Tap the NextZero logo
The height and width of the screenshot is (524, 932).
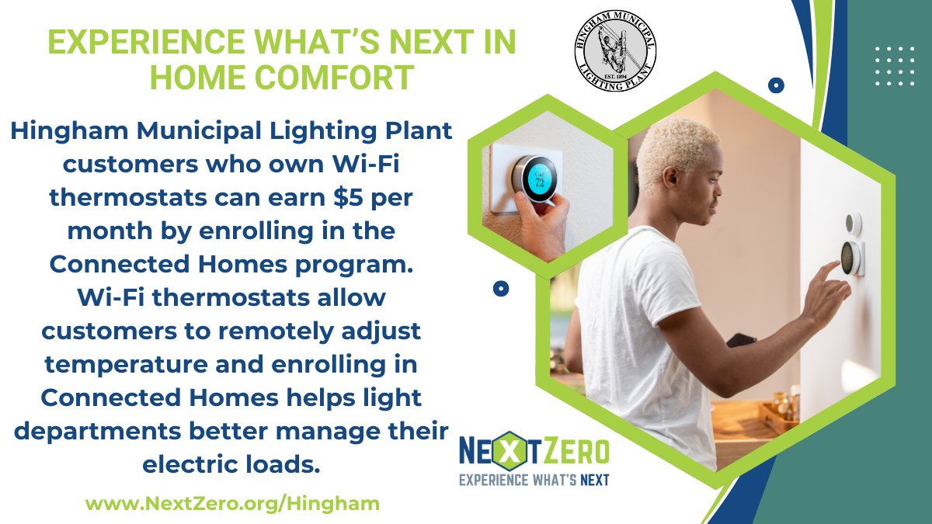[x=534, y=451]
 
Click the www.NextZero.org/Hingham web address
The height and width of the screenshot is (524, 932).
[x=232, y=503]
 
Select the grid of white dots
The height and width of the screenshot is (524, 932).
[x=894, y=66]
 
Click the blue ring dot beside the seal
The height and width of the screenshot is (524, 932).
[x=775, y=85]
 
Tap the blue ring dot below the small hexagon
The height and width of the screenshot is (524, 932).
[x=502, y=289]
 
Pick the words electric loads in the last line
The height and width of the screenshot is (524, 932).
[x=231, y=464]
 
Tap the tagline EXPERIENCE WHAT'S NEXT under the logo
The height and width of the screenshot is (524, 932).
[x=534, y=479]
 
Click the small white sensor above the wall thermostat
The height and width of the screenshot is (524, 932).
[x=853, y=224]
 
